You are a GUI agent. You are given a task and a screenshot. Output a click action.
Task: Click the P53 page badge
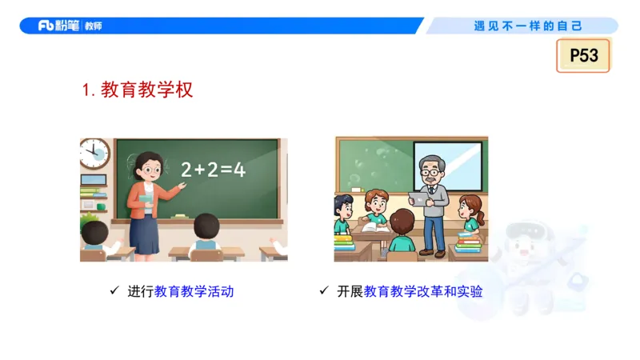click(583, 56)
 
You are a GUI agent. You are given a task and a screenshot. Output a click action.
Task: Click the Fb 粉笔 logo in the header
click(59, 26)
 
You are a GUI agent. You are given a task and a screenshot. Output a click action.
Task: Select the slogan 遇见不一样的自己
click(529, 26)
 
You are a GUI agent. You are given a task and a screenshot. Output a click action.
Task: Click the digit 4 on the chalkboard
click(238, 170)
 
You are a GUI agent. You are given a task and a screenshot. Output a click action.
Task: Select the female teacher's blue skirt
click(144, 233)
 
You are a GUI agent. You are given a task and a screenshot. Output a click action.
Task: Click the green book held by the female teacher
click(145, 200)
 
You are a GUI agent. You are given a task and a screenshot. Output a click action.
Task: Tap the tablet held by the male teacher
click(418, 198)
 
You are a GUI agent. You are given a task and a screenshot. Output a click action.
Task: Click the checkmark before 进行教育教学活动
click(114, 291)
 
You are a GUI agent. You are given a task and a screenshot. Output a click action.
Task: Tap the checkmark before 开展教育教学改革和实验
click(324, 291)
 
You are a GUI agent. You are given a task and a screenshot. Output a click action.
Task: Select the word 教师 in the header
click(93, 26)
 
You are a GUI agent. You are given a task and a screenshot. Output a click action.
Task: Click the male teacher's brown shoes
click(433, 253)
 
